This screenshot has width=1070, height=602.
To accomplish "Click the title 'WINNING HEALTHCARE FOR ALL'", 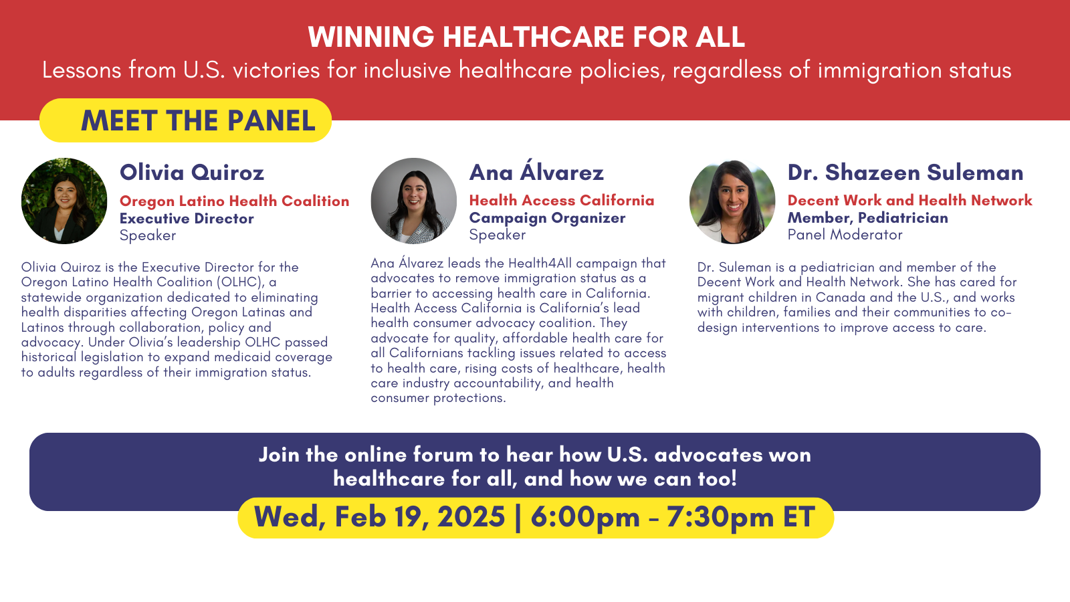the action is pyautogui.click(x=526, y=37).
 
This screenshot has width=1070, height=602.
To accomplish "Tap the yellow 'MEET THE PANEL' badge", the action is pyautogui.click(x=185, y=120).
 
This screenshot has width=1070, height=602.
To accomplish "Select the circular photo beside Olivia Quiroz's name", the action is pyautogui.click(x=64, y=201).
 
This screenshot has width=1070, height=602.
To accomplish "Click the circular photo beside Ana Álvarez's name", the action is pyautogui.click(x=414, y=201).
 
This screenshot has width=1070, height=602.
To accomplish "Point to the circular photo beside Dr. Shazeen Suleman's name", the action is pyautogui.click(x=732, y=201).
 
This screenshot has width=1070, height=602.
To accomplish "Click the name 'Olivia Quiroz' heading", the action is pyautogui.click(x=191, y=173).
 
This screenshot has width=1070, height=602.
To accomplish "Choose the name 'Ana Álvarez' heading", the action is pyautogui.click(x=536, y=171).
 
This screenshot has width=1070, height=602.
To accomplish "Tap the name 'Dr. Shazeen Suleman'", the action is pyautogui.click(x=905, y=172).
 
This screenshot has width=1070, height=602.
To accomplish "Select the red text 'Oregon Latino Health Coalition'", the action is pyautogui.click(x=235, y=201).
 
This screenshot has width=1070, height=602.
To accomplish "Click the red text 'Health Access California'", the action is pyautogui.click(x=562, y=200).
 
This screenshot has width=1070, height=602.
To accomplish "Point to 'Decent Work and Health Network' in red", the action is pyautogui.click(x=910, y=200).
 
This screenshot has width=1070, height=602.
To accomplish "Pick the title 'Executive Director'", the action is pyautogui.click(x=187, y=218).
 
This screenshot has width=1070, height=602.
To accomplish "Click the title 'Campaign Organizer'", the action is pyautogui.click(x=547, y=218).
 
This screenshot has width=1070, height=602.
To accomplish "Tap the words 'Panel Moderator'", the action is pyautogui.click(x=845, y=235).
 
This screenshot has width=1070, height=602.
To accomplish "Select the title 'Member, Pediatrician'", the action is pyautogui.click(x=867, y=218).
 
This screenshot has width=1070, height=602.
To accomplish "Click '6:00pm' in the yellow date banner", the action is pyautogui.click(x=584, y=518).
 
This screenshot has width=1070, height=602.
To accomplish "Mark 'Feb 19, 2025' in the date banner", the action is pyautogui.click(x=419, y=517).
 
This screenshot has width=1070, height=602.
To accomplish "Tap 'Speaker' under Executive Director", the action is pyautogui.click(x=148, y=235).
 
